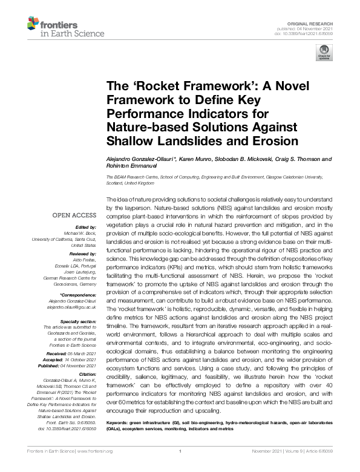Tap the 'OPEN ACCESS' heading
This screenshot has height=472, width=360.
click(x=74, y=215)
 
